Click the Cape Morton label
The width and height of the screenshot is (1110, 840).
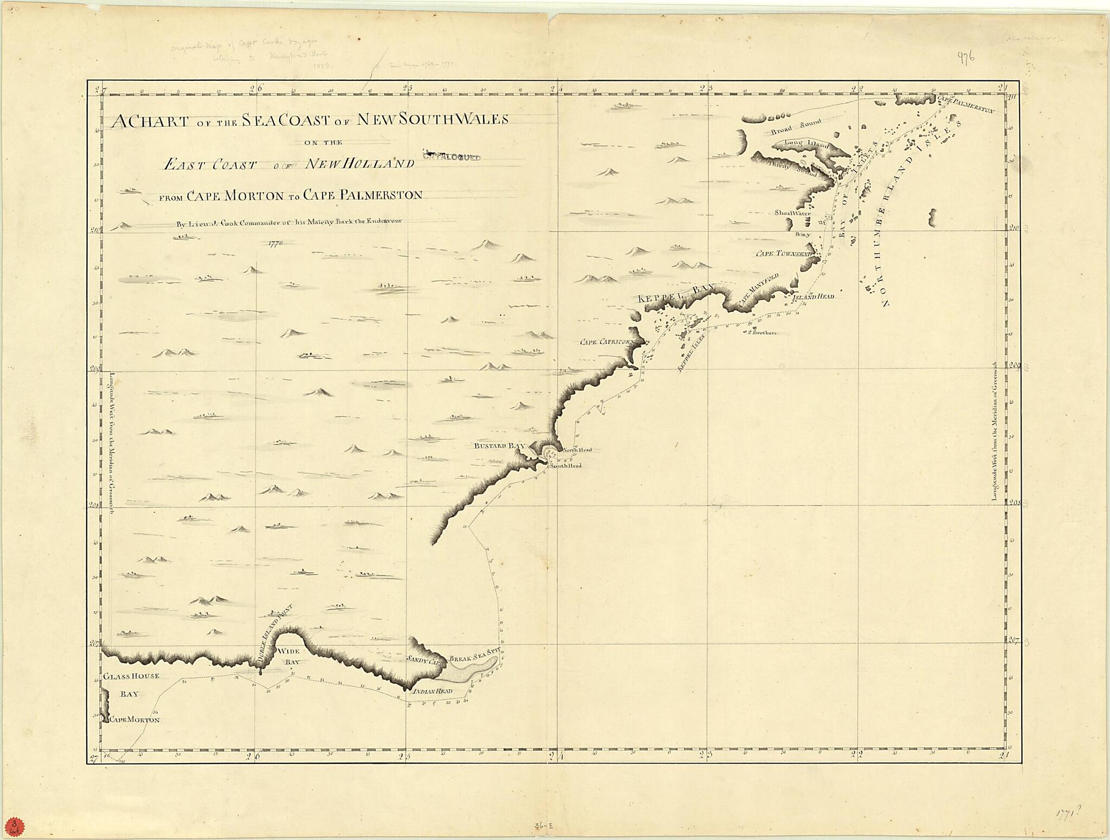[x=135, y=720]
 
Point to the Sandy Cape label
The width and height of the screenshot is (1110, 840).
[x=426, y=660]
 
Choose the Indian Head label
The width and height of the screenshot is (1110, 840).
[x=432, y=691]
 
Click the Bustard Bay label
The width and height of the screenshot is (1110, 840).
[x=500, y=446]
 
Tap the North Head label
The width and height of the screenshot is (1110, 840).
[x=577, y=450]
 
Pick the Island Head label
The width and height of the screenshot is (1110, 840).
[x=813, y=297]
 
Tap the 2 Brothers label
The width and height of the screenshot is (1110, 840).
[x=762, y=332]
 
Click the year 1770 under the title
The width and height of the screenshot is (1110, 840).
[x=276, y=243]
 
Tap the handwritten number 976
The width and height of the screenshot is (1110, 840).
[x=966, y=57]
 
